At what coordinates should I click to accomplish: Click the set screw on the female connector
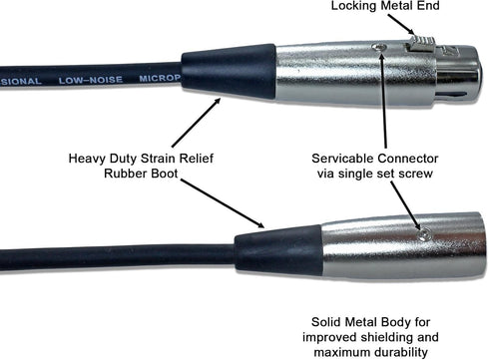[379, 48]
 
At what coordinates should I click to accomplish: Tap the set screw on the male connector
[424, 235]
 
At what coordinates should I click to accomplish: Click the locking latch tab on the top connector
[421, 44]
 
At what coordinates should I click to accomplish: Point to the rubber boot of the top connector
[229, 72]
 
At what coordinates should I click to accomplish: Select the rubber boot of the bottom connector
[278, 250]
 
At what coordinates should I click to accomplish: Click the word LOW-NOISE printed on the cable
[91, 80]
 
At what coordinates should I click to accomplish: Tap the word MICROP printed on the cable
[160, 79]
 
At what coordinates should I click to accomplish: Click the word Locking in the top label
[353, 6]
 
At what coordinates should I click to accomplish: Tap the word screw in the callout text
[414, 174]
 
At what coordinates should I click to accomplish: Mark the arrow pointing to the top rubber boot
[196, 123]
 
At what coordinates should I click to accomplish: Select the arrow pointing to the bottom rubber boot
[223, 203]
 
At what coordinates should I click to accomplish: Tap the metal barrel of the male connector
[403, 245]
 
